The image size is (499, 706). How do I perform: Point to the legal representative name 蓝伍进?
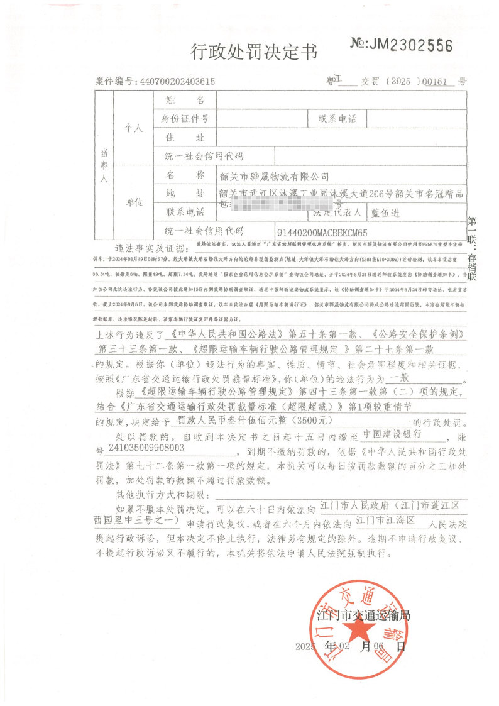[385, 213]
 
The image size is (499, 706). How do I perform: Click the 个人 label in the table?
[134, 128]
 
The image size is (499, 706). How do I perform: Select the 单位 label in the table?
[134, 204]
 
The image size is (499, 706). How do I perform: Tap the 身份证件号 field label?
[186, 118]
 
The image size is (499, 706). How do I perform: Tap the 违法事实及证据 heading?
[152, 247]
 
